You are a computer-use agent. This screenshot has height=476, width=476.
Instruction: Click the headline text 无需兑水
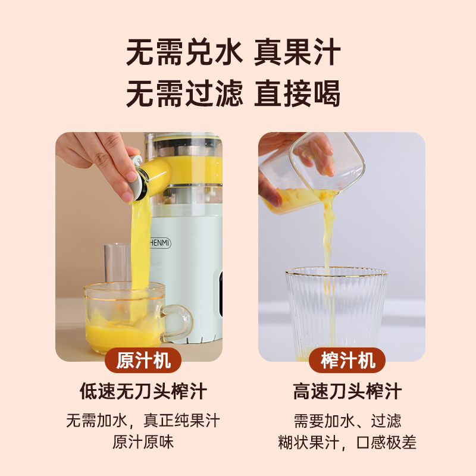(x=184, y=52)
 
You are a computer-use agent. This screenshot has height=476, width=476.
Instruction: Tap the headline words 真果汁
(x=297, y=52)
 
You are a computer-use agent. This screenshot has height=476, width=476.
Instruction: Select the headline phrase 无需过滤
(x=184, y=93)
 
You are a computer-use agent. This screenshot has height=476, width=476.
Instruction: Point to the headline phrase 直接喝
(x=297, y=93)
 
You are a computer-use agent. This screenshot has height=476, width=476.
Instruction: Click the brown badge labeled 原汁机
(x=143, y=361)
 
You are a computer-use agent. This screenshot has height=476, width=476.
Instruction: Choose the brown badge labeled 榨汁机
(x=347, y=361)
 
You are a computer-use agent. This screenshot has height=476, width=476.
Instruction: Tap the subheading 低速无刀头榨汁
(x=143, y=392)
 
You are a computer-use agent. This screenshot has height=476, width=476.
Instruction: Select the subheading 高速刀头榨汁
(x=347, y=392)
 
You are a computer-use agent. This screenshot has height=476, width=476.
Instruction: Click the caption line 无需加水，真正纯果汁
(x=143, y=421)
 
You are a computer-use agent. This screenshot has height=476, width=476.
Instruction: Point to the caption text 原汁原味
(x=143, y=442)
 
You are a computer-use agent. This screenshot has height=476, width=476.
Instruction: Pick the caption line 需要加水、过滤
(x=347, y=421)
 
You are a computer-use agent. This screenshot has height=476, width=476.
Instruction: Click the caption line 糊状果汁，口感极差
(x=347, y=442)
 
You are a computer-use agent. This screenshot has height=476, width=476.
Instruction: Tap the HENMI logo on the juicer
(x=160, y=243)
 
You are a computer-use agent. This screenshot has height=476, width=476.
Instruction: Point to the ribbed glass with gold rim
(x=336, y=313)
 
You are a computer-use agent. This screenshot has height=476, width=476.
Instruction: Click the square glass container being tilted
(x=313, y=173)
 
